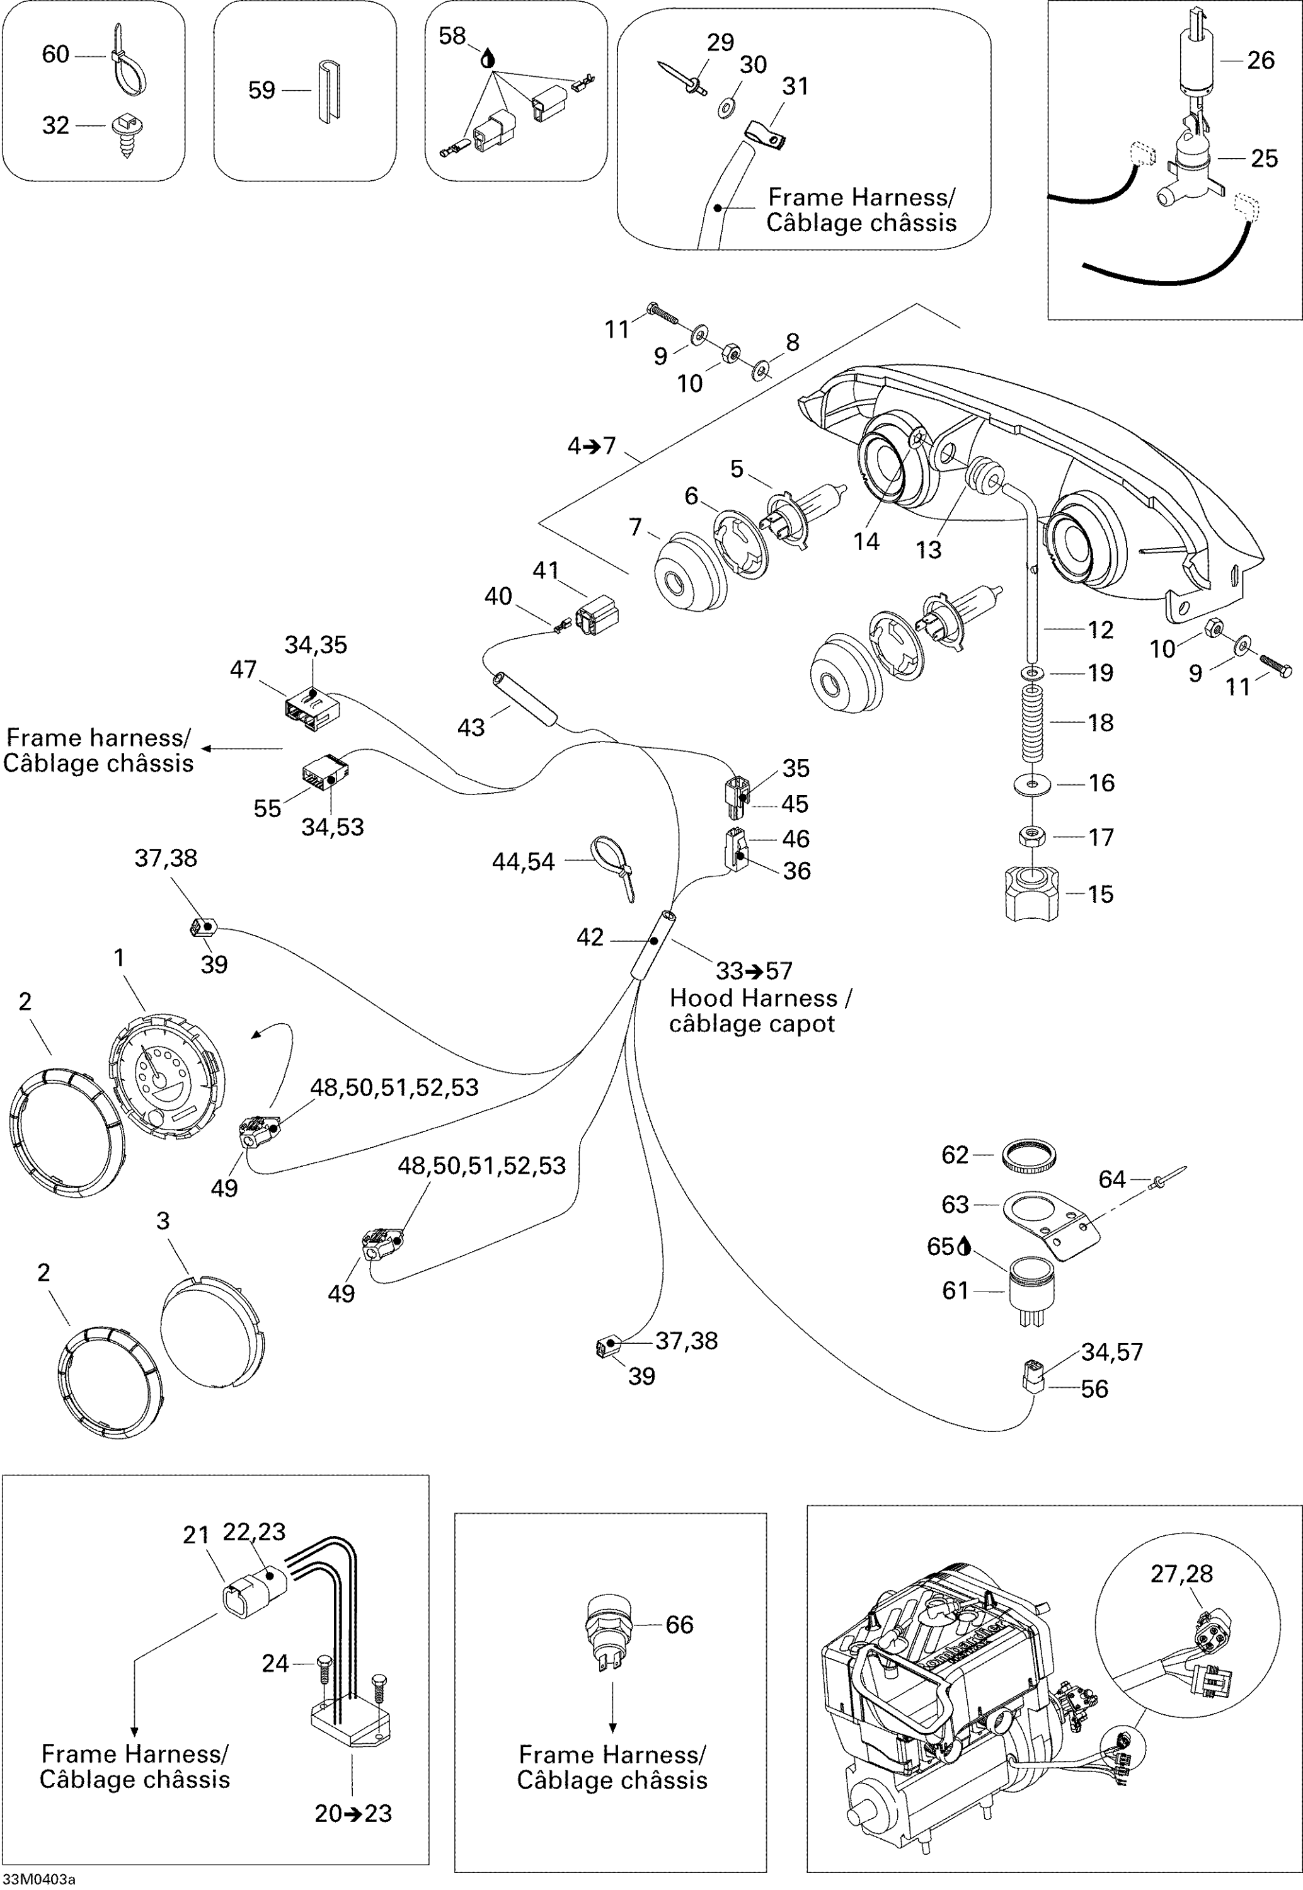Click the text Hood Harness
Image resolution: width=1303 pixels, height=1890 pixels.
click(753, 998)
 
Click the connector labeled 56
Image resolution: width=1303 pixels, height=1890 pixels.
click(1032, 1378)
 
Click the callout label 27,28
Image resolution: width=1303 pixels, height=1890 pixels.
click(1181, 1573)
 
